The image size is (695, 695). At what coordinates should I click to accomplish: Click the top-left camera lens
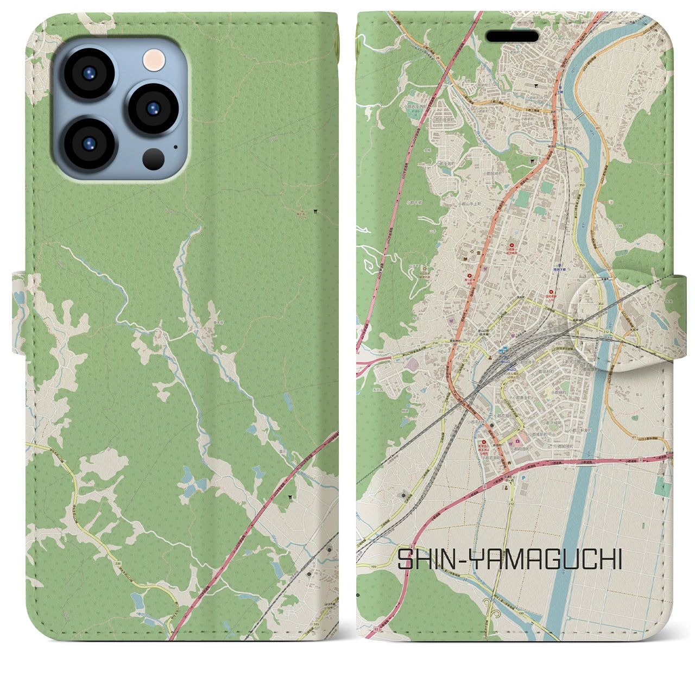89,74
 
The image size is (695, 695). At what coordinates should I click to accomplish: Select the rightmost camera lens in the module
153,108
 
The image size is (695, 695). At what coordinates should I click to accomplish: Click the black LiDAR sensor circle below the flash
154,159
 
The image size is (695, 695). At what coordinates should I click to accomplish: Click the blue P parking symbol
523,478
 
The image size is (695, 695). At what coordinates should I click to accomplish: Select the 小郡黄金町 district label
522,398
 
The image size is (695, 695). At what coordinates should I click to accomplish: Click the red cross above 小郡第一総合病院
510,244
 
